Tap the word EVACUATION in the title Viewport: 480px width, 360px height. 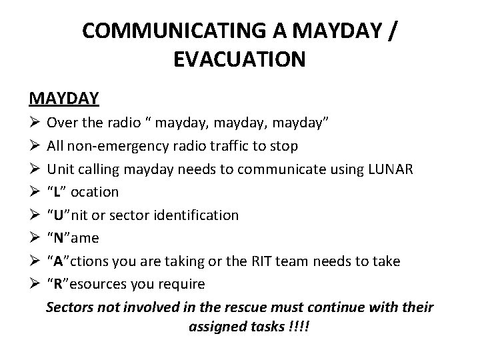(239, 60)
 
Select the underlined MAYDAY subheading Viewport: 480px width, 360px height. (64, 99)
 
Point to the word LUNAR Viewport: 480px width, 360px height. (391, 169)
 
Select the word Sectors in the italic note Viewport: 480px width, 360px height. (69, 307)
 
